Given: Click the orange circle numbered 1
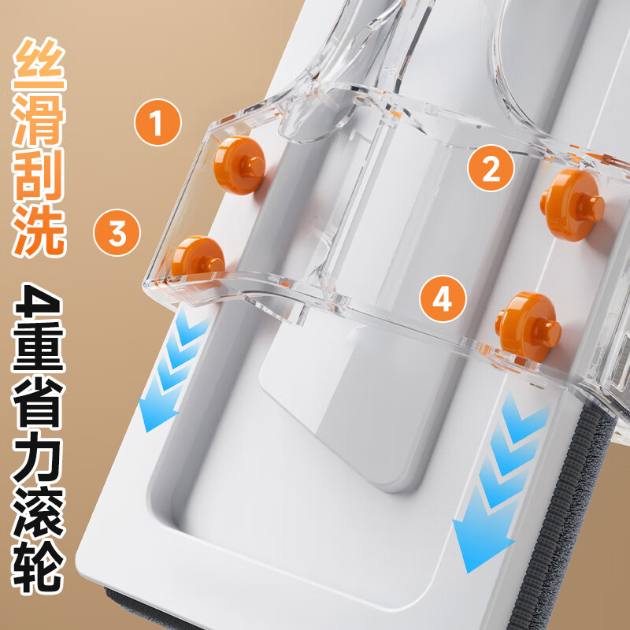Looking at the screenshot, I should [156, 122].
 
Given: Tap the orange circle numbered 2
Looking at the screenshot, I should [491, 169].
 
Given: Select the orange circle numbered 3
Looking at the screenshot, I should [117, 233].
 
